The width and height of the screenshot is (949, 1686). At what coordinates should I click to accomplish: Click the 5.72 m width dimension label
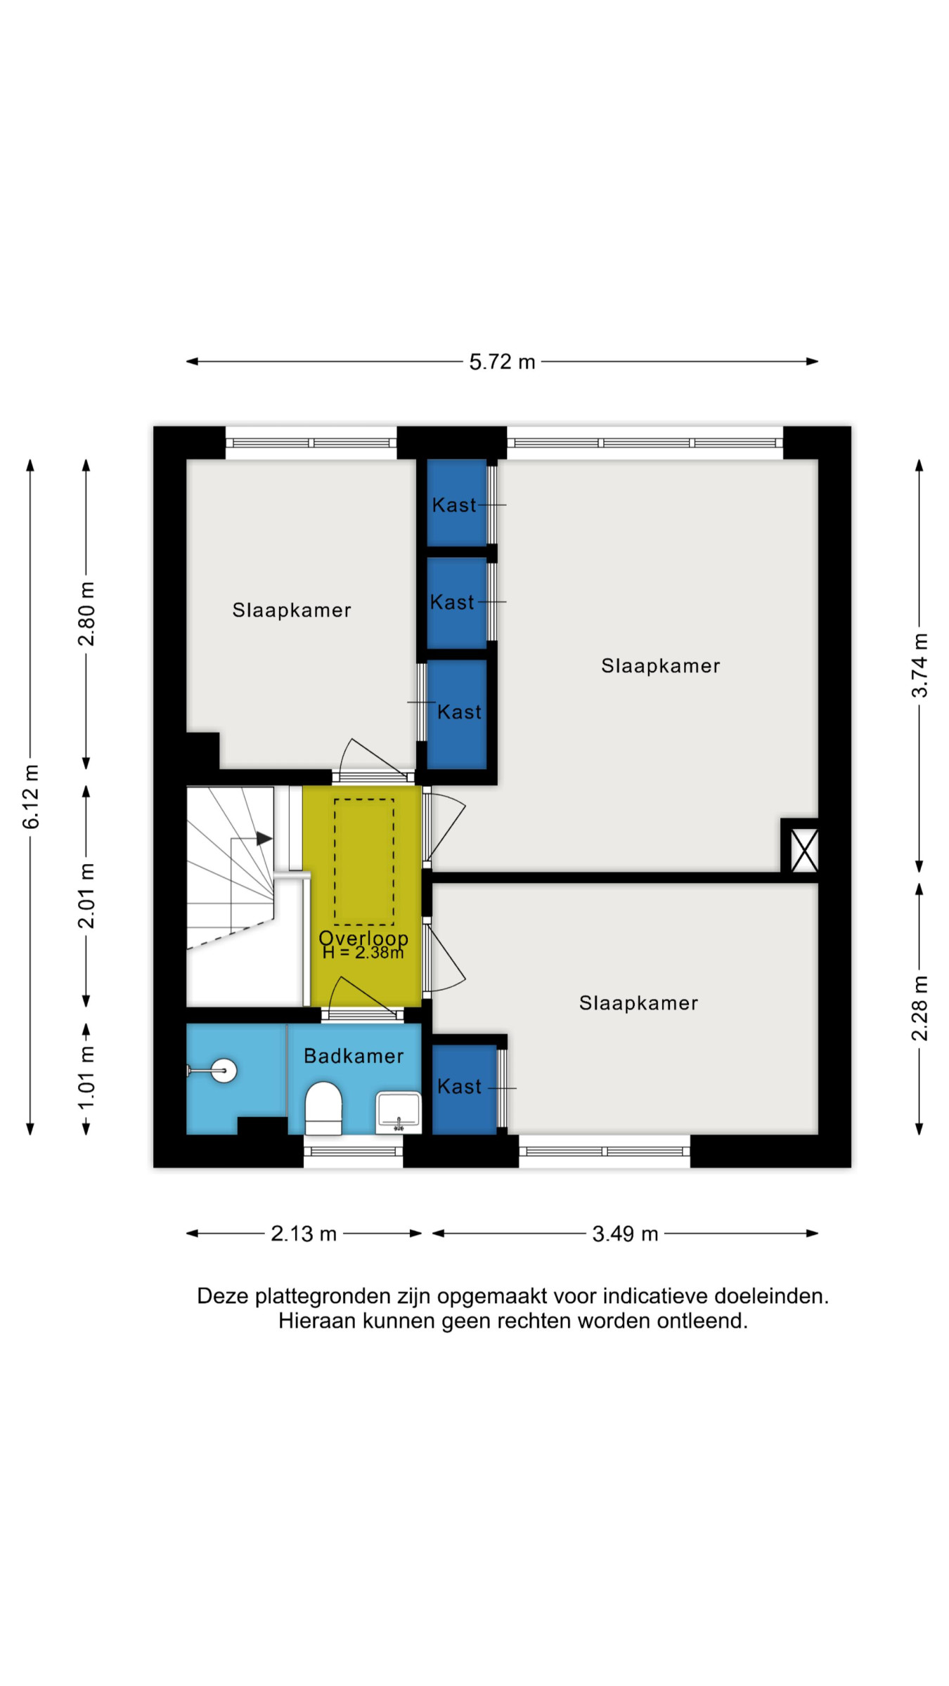tap(502, 362)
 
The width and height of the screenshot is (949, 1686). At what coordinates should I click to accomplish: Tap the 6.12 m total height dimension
tap(31, 797)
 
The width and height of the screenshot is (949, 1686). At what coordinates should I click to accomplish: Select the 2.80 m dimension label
tap(86, 614)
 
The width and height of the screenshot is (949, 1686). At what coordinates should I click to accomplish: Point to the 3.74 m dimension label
tap(919, 665)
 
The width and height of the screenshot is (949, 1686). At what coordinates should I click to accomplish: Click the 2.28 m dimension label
tap(919, 1008)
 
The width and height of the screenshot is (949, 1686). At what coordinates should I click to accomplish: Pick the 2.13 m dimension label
tap(304, 1234)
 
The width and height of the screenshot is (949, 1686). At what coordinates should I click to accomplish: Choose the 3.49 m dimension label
tap(625, 1234)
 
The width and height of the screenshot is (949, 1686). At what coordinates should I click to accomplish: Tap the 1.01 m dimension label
tap(86, 1078)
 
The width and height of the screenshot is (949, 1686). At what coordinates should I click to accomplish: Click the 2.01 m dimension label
tap(86, 896)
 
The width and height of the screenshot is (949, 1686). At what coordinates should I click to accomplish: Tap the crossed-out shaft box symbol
tap(804, 850)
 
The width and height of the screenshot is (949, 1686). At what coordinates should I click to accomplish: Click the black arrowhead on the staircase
tap(264, 838)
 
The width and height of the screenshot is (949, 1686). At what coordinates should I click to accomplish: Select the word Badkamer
tap(354, 1056)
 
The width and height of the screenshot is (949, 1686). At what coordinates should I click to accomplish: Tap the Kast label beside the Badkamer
tap(460, 1087)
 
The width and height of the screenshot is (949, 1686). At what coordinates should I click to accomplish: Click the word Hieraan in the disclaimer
tap(318, 1321)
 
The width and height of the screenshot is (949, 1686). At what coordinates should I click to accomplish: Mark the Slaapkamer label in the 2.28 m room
tap(639, 1003)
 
